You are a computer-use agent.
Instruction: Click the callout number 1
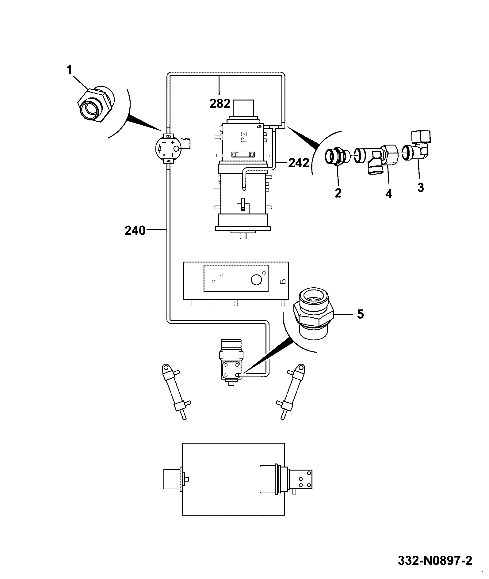coord(70,70)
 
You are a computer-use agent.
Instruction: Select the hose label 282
coord(220,104)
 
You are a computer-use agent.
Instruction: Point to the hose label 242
coord(299,163)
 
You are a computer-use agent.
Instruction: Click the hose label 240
coord(135,230)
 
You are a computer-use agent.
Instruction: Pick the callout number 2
coord(338,193)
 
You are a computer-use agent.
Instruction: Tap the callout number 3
coord(421,187)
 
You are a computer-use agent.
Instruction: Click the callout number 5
coord(360,314)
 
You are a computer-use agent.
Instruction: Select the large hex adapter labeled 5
coord(313,313)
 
